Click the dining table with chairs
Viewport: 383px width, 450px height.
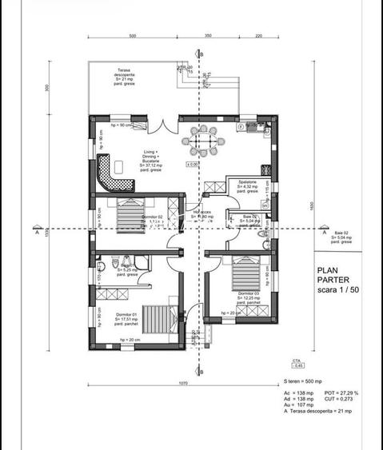[x=206, y=141]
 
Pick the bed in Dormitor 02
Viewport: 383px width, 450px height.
[x=128, y=214]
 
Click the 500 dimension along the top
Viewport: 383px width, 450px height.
[x=131, y=37]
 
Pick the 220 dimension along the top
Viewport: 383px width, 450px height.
[x=258, y=37]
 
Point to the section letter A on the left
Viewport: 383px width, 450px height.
[x=37, y=234]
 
